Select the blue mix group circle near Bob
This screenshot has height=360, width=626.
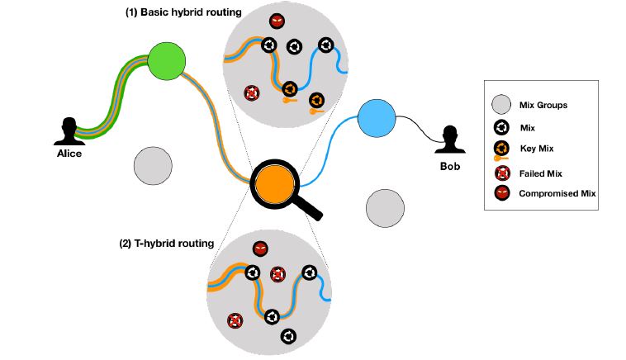(377, 119)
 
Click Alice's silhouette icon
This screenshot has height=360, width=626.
(68, 133)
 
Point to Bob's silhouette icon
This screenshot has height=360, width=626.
(450, 140)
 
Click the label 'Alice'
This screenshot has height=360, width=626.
(69, 154)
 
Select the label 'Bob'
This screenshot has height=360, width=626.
(450, 166)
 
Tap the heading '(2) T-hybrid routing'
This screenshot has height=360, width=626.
(167, 244)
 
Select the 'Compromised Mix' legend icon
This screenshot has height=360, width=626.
(500, 192)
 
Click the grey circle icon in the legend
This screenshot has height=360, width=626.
(500, 106)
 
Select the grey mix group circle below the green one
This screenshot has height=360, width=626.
(154, 165)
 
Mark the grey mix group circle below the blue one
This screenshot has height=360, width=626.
(385, 207)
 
